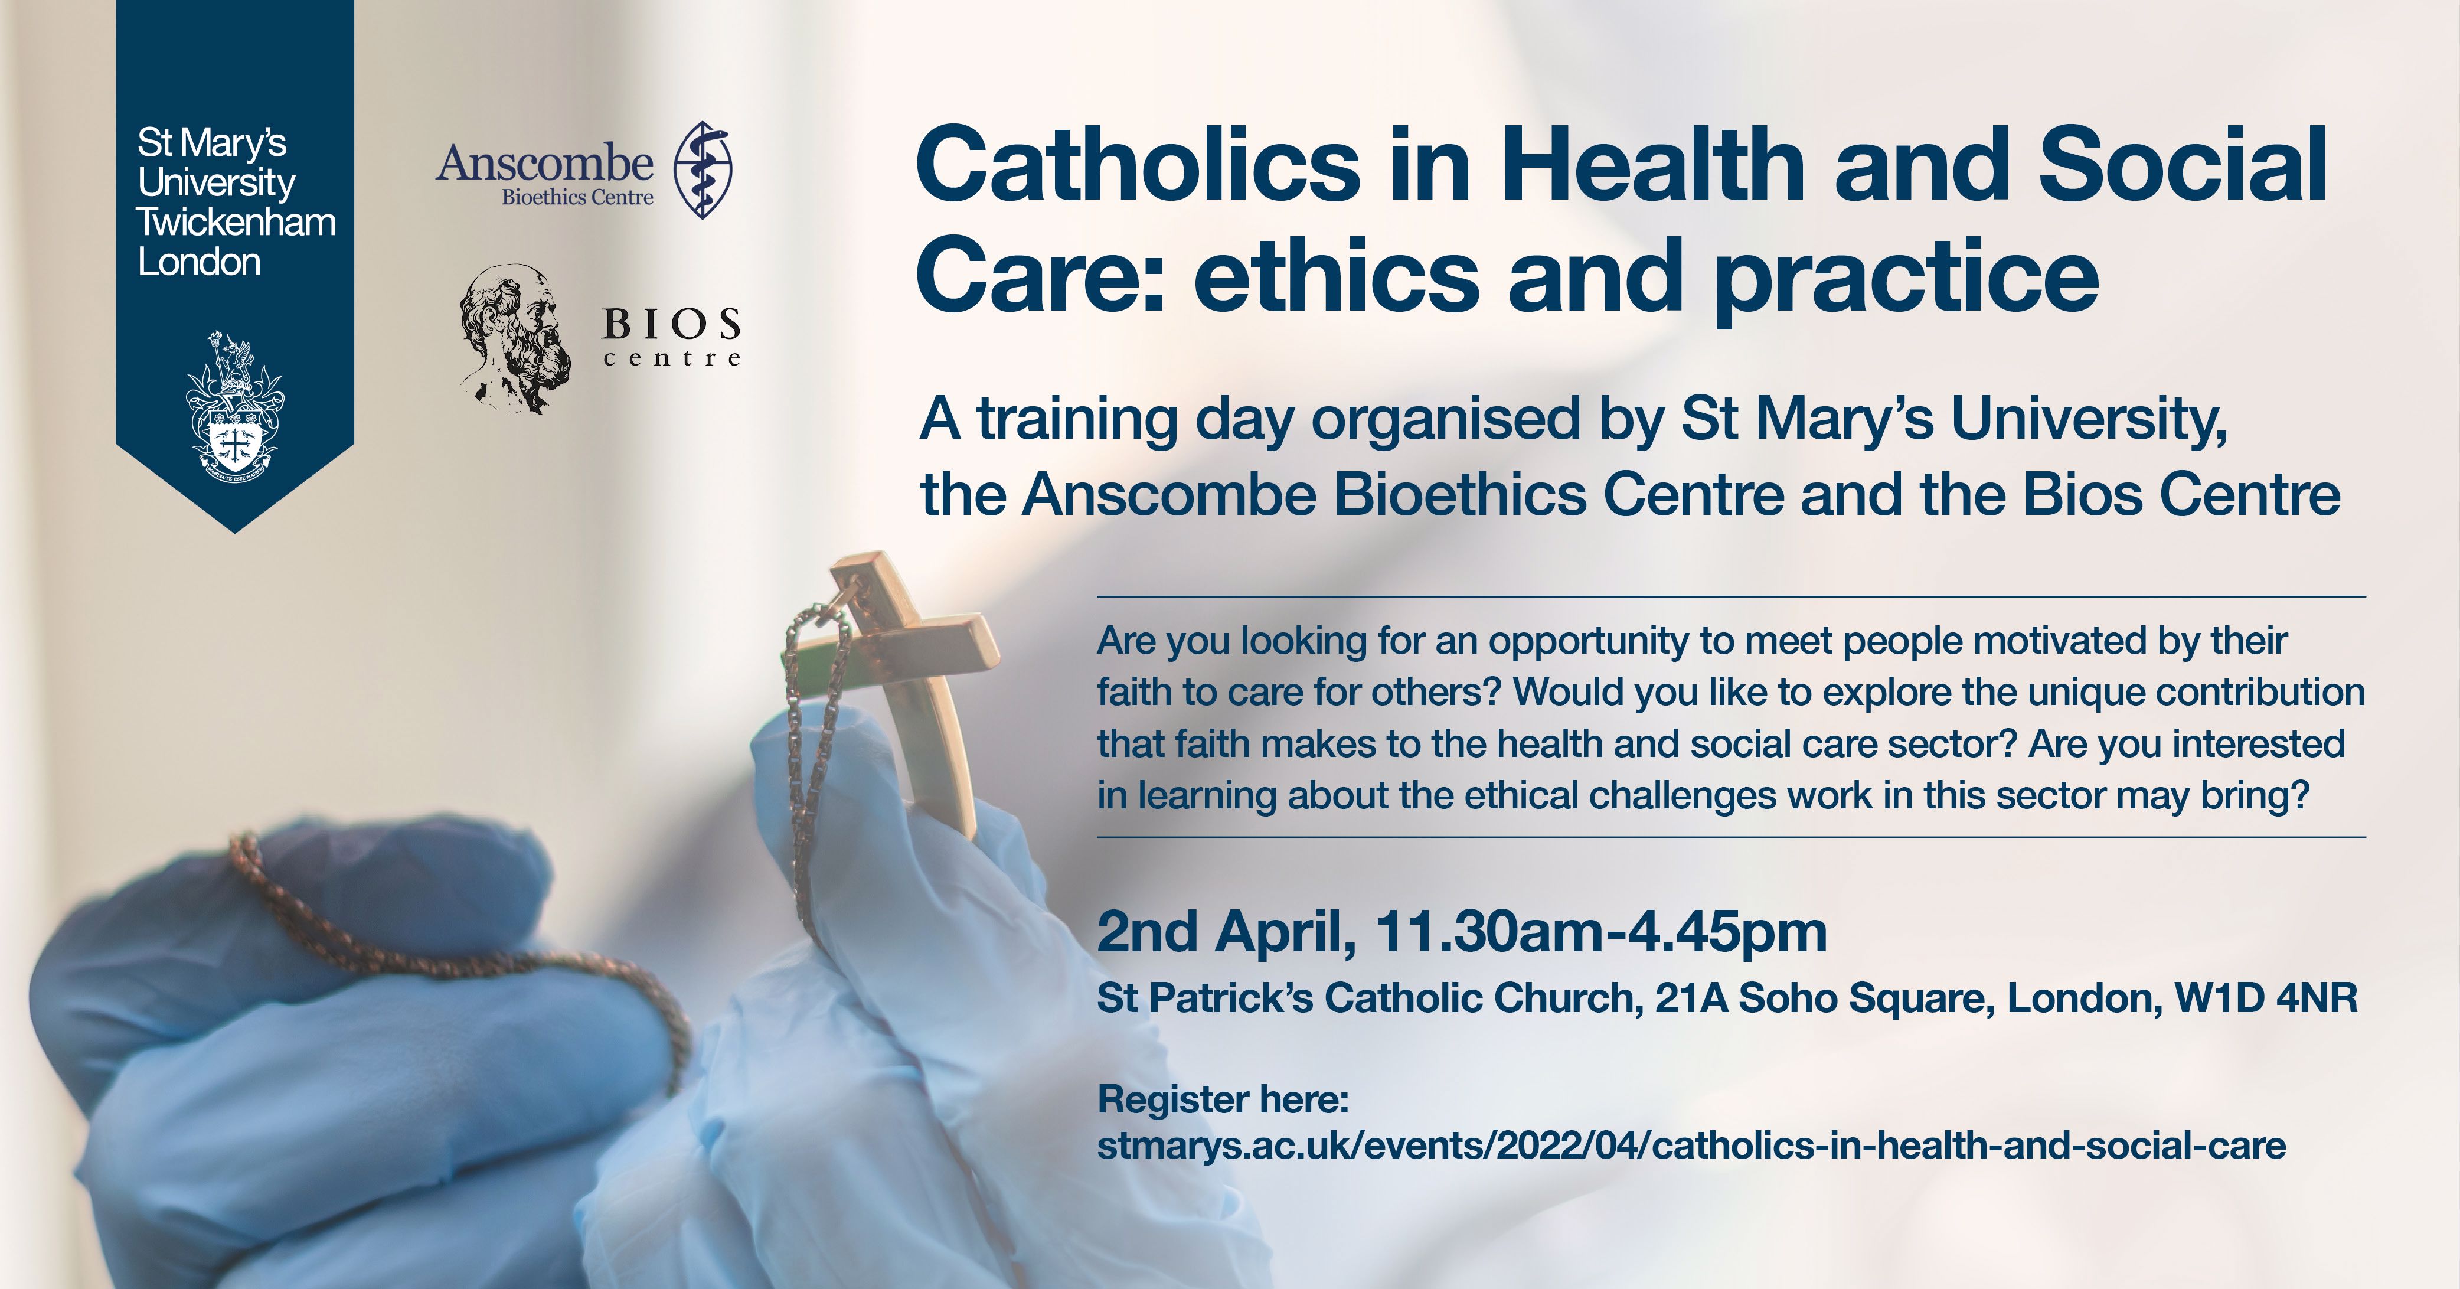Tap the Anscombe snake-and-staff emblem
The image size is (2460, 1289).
[704, 170]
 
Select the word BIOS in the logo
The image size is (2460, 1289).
[671, 325]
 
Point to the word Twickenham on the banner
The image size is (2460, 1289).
[236, 223]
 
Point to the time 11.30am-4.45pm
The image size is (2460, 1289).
[1600, 933]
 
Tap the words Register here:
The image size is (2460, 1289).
[1223, 1099]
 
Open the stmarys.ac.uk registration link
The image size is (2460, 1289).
[1692, 1145]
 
